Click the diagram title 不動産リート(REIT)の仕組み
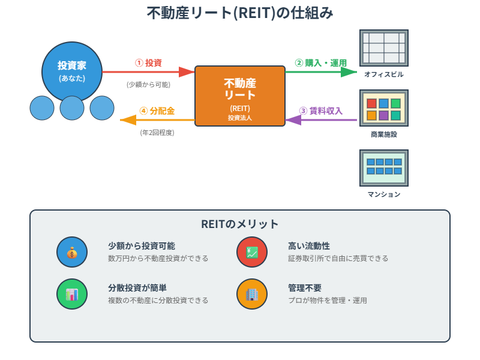(240, 14)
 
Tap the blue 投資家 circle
(71, 71)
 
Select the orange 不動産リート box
(240, 96)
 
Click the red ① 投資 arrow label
(148, 62)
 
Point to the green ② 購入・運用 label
(321, 62)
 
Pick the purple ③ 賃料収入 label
(321, 110)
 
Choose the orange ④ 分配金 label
(157, 110)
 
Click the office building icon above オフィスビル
(383, 48)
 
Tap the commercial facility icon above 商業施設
(383, 108)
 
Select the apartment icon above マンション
(383, 167)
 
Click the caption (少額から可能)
(148, 85)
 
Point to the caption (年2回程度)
(157, 133)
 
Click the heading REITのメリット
(240, 224)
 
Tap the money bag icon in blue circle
(72, 252)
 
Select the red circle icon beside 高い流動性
(252, 252)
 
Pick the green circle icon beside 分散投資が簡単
(72, 294)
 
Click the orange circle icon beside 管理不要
(252, 294)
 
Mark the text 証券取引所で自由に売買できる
(338, 259)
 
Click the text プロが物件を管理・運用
(327, 300)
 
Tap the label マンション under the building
(383, 194)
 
